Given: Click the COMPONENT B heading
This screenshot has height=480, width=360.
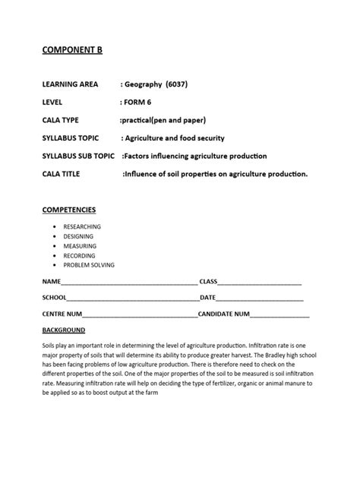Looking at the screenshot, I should (x=71, y=50).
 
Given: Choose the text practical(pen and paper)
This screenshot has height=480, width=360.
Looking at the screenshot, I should (x=163, y=120).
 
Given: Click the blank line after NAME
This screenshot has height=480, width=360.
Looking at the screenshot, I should (x=129, y=283).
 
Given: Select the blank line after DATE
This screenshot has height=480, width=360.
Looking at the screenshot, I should (x=258, y=298).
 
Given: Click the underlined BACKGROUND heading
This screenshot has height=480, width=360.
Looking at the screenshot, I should (x=64, y=330).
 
